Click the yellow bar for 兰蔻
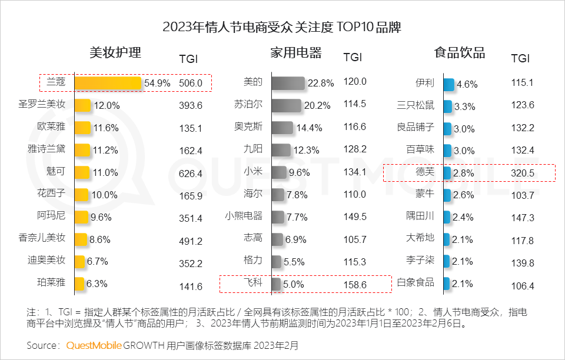click(x=108, y=83)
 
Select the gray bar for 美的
click(x=288, y=83)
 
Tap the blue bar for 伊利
click(x=448, y=84)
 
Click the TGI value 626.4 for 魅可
click(x=190, y=174)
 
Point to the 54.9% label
click(x=157, y=84)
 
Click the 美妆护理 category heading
click(x=115, y=53)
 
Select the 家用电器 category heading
click(x=295, y=53)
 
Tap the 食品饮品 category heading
click(x=459, y=53)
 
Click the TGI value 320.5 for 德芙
click(x=523, y=174)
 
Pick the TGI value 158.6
click(x=354, y=285)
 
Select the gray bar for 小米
click(x=279, y=172)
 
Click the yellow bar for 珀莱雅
click(x=79, y=284)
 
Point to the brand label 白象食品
click(x=416, y=283)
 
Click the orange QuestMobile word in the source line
click(x=94, y=345)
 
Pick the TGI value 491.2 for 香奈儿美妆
click(x=190, y=241)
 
